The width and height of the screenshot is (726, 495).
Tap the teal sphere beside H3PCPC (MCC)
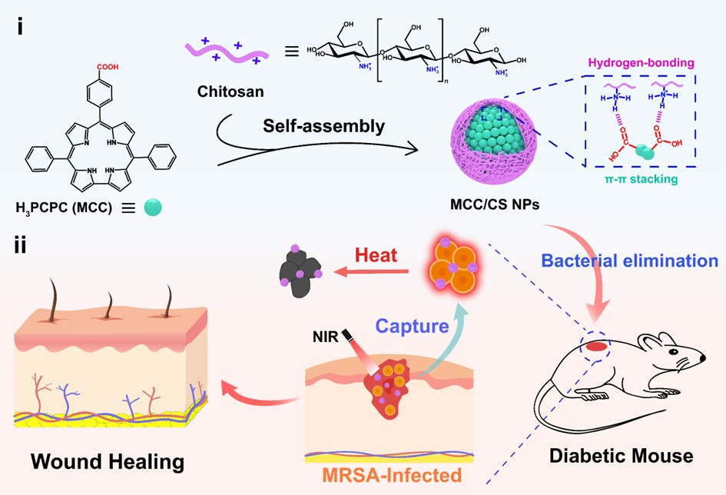pos(152,207)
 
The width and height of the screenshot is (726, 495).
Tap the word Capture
pos(412,325)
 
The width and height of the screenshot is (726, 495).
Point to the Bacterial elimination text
pos(629,260)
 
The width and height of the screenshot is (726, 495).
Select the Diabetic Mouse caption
pos(621,456)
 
